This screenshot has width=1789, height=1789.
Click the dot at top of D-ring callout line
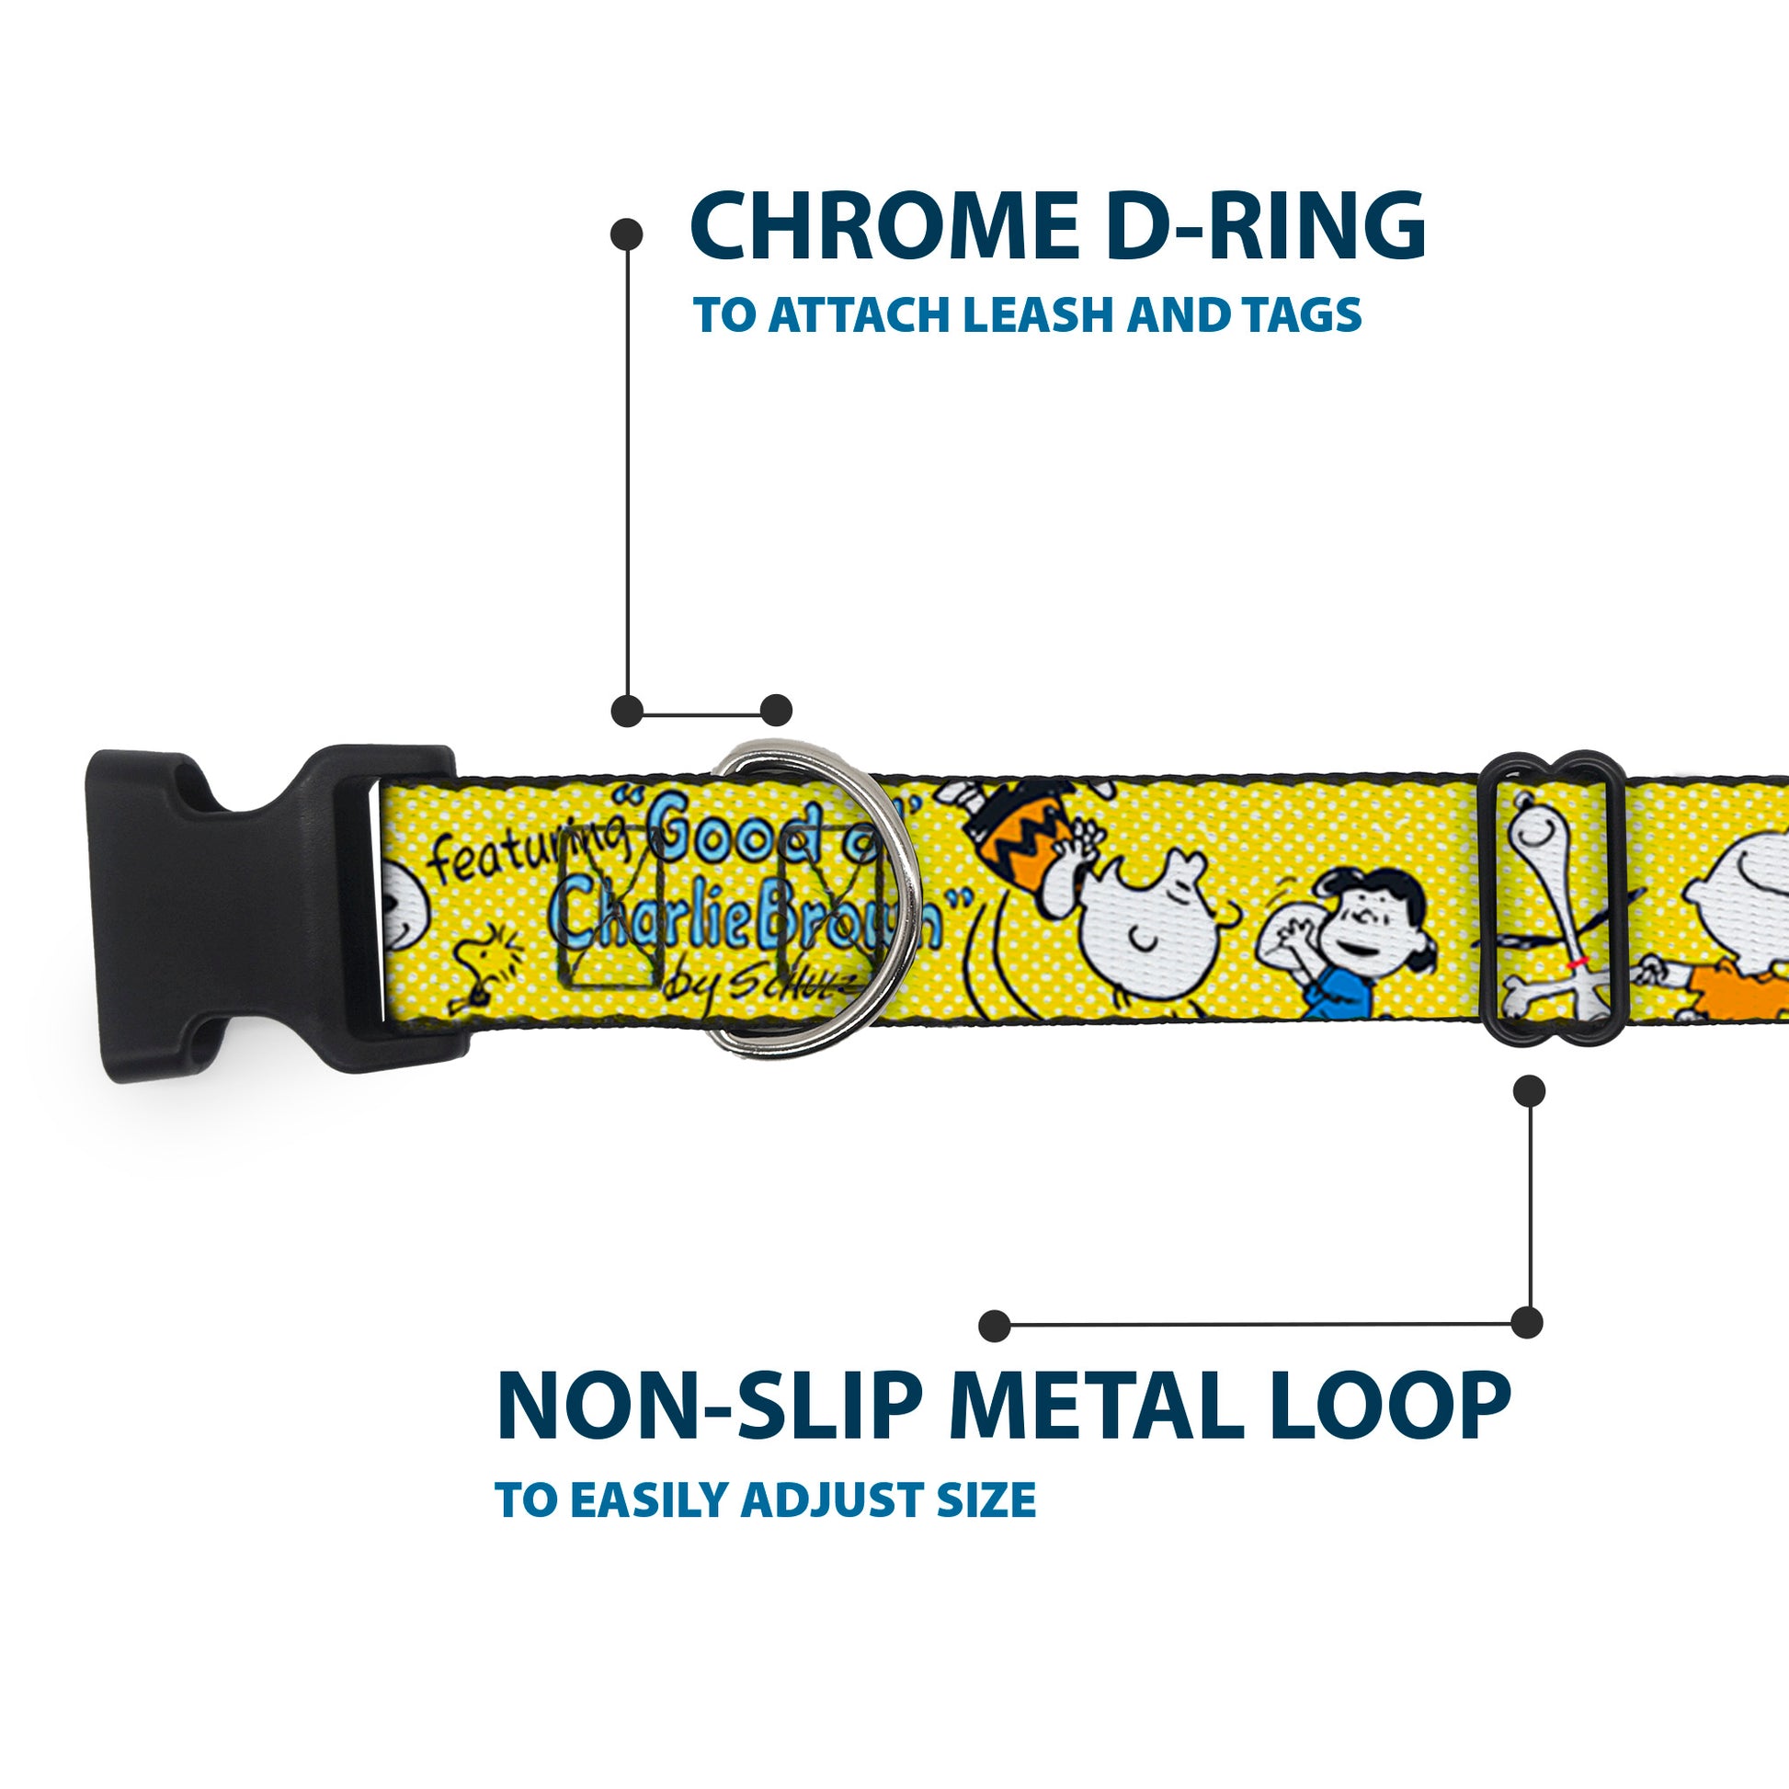pos(627,234)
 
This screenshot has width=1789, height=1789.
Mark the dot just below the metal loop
pos(1529,1092)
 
